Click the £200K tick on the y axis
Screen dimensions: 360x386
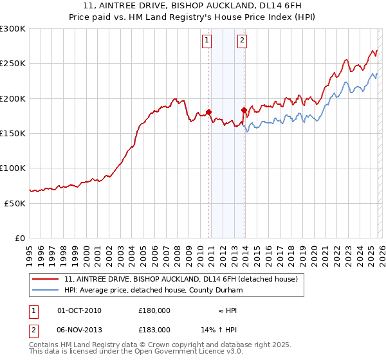(x=13, y=98)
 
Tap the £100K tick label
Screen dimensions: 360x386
(x=13, y=168)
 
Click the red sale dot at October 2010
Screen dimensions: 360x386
(x=208, y=112)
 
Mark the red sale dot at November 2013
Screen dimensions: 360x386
(x=244, y=110)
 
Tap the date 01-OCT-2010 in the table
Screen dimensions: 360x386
(x=79, y=310)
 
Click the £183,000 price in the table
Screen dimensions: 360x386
(x=154, y=329)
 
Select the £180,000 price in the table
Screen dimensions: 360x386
(x=154, y=310)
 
